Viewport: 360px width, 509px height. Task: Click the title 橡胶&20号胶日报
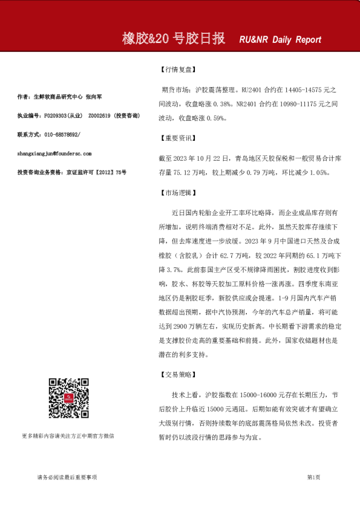pyautogui.click(x=174, y=39)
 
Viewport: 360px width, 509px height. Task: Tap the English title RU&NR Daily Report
pyautogui.click(x=280, y=40)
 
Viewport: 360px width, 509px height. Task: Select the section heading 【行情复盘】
pyautogui.click(x=176, y=70)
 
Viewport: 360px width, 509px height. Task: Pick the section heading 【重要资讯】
pyautogui.click(x=176, y=138)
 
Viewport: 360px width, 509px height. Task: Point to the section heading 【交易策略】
pyautogui.click(x=176, y=375)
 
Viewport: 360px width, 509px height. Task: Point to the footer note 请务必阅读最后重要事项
pyautogui.click(x=67, y=478)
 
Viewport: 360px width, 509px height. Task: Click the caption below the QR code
pyautogui.click(x=67, y=435)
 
